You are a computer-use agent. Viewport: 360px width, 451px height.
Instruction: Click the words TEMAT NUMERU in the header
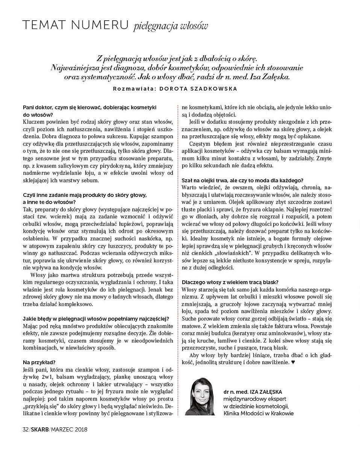[76, 25]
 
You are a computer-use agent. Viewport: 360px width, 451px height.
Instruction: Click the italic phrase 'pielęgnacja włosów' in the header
[170, 26]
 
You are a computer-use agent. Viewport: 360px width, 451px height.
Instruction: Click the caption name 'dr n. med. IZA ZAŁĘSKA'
[253, 391]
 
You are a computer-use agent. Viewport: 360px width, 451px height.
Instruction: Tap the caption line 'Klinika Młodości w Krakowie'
[258, 413]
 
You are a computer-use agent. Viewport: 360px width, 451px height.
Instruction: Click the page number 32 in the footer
[26, 429]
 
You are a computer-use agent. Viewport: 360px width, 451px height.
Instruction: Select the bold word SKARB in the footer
[40, 429]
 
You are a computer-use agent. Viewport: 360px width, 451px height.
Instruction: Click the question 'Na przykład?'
[39, 362]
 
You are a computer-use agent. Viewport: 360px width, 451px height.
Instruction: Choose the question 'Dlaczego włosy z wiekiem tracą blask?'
[230, 282]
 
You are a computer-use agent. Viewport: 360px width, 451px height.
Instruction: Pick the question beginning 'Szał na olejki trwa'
[242, 180]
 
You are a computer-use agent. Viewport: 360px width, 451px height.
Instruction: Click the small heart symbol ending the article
[293, 363]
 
